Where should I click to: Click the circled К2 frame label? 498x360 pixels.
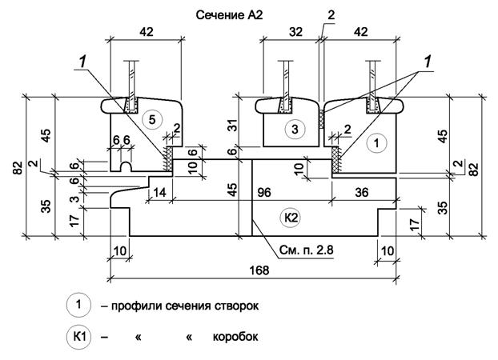(291, 216)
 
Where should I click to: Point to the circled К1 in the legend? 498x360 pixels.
(77, 336)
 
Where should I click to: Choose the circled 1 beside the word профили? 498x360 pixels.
(77, 305)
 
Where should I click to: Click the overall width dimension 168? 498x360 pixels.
(258, 270)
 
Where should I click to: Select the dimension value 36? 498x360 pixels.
(361, 192)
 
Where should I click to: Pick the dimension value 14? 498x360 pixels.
(159, 192)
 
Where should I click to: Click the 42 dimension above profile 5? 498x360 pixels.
(147, 34)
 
